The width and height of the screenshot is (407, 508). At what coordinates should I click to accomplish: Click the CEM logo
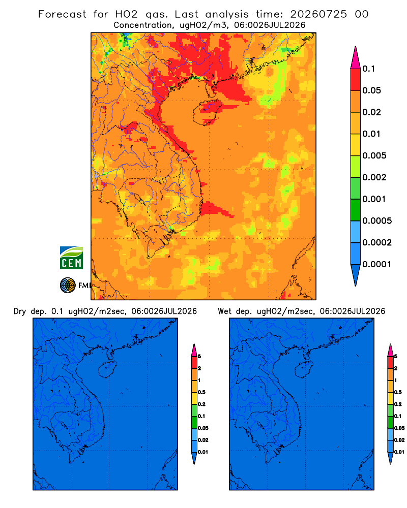pos(71,258)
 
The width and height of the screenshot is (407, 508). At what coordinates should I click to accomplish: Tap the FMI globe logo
pos(68,285)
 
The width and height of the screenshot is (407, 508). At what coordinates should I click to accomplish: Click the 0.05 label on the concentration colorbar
pos(371,90)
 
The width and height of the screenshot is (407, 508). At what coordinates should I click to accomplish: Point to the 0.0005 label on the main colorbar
pos(377,221)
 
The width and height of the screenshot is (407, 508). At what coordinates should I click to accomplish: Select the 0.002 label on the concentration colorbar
pos(374,177)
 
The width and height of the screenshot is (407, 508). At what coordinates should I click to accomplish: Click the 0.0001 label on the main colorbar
pos(377,264)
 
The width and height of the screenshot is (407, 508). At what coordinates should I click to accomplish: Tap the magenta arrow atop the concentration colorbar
pos(356,57)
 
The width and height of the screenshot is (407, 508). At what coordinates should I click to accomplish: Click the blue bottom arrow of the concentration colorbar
pos(356,275)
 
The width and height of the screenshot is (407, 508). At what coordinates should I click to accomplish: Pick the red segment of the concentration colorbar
pos(356,79)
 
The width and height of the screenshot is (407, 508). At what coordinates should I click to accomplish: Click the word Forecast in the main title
pos(62,14)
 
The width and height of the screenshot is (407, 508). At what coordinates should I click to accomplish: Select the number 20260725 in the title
pos(318,14)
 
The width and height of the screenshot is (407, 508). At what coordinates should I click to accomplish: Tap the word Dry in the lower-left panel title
pos(20,311)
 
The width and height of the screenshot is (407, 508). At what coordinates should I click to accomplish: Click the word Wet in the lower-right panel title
pos(224,311)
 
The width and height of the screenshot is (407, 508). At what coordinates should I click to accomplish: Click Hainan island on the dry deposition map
pos(107,370)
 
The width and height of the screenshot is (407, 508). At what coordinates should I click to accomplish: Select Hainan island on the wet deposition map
pos(304,370)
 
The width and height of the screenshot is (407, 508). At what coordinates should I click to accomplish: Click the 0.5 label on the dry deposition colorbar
pos(201,392)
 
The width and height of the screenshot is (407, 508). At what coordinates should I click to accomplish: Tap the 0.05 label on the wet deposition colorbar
pos(399,428)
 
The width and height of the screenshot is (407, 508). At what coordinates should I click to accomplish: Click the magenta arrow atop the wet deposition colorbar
pos(390,350)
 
